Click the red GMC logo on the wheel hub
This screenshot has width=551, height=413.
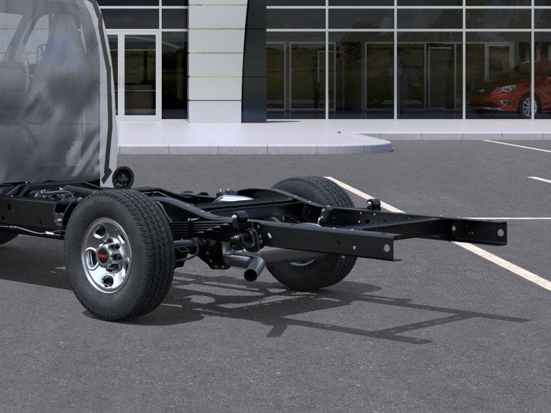[103, 256]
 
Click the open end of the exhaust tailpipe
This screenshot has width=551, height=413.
[252, 273]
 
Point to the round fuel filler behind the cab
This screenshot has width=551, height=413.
[123, 177]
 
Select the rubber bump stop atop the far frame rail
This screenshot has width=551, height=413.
[373, 204]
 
